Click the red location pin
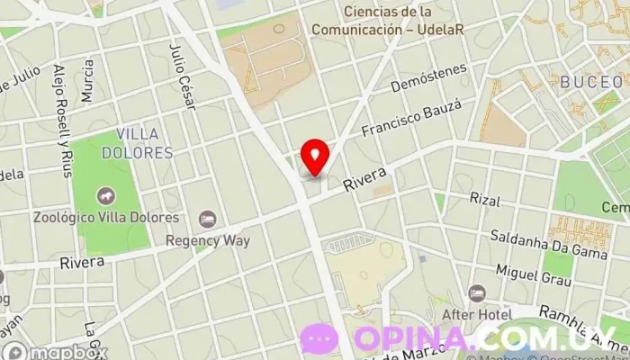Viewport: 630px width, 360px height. [x=314, y=157]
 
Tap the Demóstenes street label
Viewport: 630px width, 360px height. [x=430, y=78]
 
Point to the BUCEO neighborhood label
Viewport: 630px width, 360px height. [x=590, y=82]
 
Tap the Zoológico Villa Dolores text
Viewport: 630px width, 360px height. [x=105, y=217]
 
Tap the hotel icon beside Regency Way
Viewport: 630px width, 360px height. [x=208, y=220]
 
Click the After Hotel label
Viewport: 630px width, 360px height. [x=476, y=315]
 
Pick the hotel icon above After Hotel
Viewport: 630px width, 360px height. [x=476, y=294]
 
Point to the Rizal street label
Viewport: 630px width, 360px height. [x=484, y=198]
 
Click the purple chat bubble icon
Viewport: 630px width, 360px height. [x=319, y=338]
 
